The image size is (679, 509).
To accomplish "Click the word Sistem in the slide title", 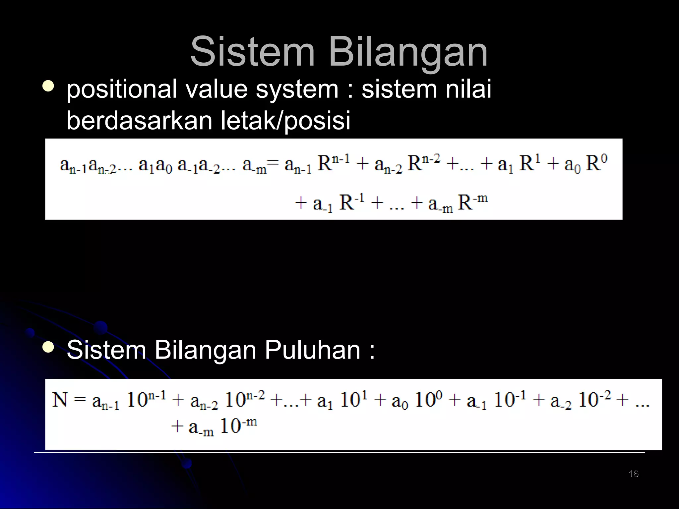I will coord(252,52).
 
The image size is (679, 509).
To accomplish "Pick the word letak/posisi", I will coord(285,121).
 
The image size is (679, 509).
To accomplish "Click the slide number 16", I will coord(633,474).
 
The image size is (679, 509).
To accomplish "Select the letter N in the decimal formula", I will coord(60,400).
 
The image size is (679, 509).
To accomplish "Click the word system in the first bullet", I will coord(297,89).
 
